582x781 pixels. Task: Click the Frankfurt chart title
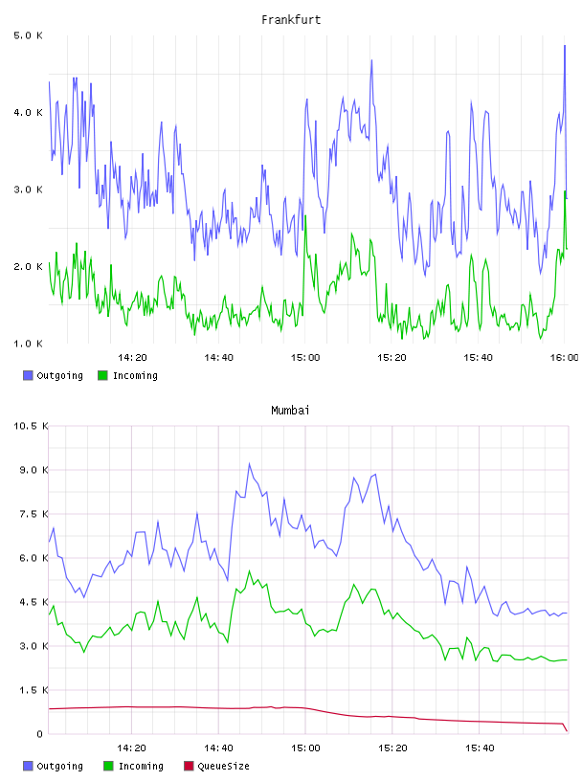coord(291,19)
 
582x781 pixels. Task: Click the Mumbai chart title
coord(290,410)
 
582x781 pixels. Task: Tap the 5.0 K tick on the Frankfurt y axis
coord(28,35)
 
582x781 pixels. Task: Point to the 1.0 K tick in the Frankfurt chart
coord(28,344)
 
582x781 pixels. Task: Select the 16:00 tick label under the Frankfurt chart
coord(564,357)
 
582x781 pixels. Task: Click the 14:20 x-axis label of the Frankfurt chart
coord(132,357)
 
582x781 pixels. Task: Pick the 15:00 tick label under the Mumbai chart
coord(305,748)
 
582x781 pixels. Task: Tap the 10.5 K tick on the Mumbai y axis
coord(31,426)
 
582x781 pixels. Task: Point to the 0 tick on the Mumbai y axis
coord(40,734)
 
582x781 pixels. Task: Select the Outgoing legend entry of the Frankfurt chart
coord(53,375)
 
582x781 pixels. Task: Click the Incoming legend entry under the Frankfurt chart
coord(127,375)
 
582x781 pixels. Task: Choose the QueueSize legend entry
coord(216,766)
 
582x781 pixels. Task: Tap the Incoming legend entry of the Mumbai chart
coord(133,766)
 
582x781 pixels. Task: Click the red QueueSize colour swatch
coord(189,766)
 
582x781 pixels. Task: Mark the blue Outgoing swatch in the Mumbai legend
coord(28,766)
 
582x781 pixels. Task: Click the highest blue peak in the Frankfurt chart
coord(565,46)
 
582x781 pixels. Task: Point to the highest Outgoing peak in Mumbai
coord(249,464)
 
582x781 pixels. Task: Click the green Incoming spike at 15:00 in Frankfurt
coord(305,216)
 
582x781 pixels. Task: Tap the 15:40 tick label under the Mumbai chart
coord(480,748)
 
